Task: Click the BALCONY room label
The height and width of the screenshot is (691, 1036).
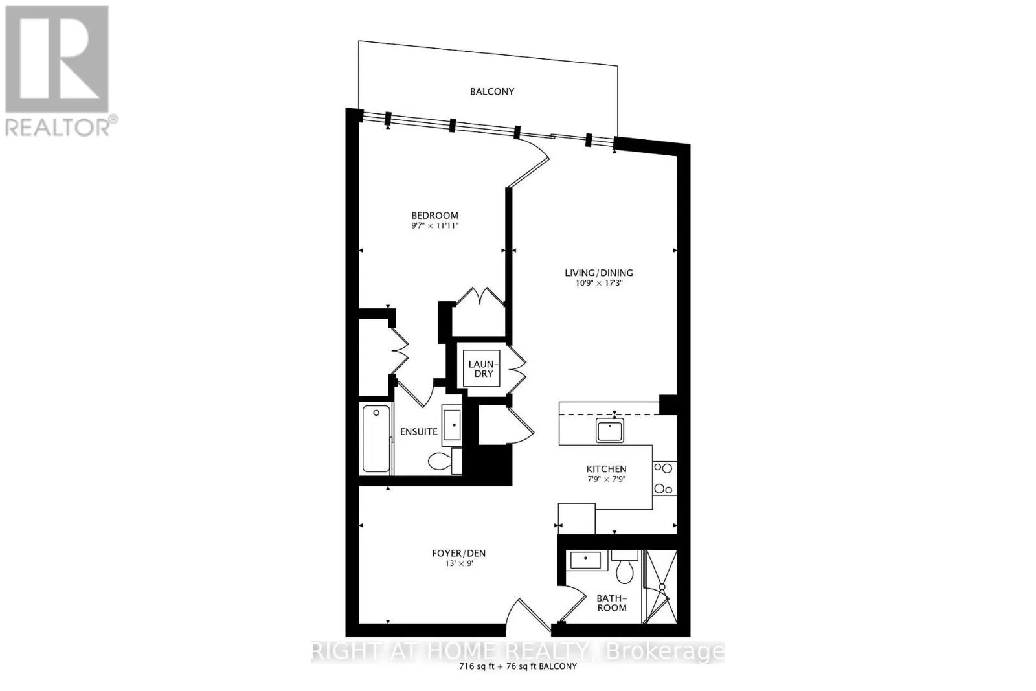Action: (492, 91)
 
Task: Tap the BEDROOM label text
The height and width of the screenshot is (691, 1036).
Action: (434, 216)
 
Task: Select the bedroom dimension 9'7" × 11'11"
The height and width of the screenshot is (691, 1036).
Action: (434, 226)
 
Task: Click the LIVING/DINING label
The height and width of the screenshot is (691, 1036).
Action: (598, 273)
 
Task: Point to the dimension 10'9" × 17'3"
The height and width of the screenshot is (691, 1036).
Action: (599, 283)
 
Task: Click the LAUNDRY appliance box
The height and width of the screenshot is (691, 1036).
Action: (482, 368)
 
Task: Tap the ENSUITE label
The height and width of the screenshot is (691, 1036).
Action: (418, 431)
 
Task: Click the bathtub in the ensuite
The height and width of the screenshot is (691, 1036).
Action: (376, 438)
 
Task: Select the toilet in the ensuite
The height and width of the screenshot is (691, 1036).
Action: (444, 460)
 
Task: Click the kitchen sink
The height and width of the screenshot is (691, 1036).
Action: (609, 430)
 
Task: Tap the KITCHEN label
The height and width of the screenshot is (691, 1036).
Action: (606, 469)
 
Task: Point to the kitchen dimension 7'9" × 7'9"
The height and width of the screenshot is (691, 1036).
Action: (606, 480)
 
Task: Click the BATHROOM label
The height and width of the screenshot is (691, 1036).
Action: (612, 603)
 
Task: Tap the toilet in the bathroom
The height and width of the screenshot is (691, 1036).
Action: (625, 567)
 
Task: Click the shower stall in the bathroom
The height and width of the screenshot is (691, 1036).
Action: (661, 587)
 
